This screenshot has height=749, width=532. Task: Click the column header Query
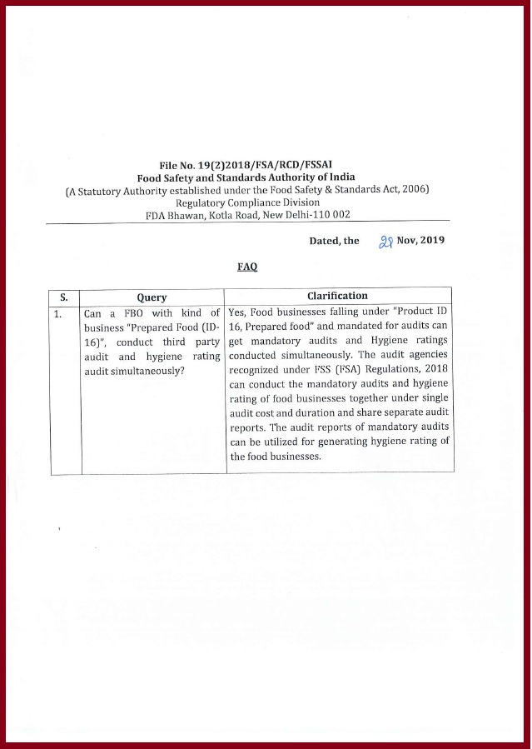(152, 297)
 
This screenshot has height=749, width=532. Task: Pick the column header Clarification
(337, 296)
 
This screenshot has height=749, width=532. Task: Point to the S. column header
(64, 297)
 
